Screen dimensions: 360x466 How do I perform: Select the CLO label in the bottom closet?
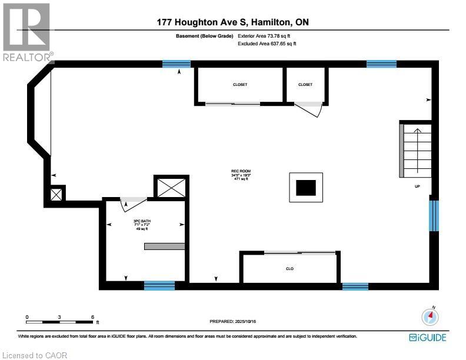(x=289, y=269)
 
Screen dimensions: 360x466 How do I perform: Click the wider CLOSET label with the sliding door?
(x=239, y=85)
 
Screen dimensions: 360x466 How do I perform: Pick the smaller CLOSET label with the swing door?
(x=305, y=85)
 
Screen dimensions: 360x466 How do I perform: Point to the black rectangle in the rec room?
(x=305, y=188)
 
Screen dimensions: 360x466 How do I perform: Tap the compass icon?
(x=431, y=316)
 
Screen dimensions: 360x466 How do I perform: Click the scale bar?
(x=59, y=322)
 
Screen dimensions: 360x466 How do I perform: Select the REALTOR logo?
(x=27, y=29)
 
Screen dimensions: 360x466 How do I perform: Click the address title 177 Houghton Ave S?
(x=232, y=22)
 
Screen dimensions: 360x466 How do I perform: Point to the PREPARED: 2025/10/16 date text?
(x=233, y=321)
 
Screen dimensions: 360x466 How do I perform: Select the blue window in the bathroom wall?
(x=159, y=286)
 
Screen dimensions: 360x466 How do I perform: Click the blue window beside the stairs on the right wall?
(x=434, y=216)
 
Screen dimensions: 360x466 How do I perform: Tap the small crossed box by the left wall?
(x=56, y=194)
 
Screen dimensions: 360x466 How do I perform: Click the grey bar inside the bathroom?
(x=165, y=246)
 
